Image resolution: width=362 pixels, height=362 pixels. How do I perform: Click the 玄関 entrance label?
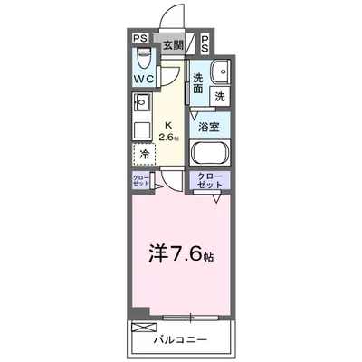[x=173, y=43]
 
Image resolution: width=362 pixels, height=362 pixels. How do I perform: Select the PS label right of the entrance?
[x=205, y=43]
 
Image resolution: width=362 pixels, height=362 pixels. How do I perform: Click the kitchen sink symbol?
[x=138, y=104]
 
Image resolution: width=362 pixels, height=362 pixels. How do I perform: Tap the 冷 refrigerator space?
[x=144, y=153]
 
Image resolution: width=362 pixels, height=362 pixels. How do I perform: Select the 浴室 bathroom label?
[x=209, y=128]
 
